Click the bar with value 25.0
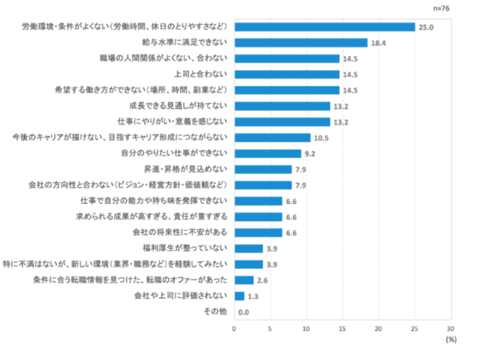click(x=324, y=27)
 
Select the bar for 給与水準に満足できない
click(x=300, y=43)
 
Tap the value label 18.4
click(x=379, y=43)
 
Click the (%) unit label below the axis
click(x=450, y=338)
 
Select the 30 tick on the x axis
click(x=450, y=327)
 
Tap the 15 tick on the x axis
click(x=342, y=327)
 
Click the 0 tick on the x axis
click(x=234, y=327)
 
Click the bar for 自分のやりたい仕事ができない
click(x=267, y=153)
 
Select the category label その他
click(x=216, y=311)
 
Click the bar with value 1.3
click(x=238, y=296)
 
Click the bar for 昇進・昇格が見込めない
click(x=262, y=169)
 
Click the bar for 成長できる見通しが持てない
click(x=282, y=106)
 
